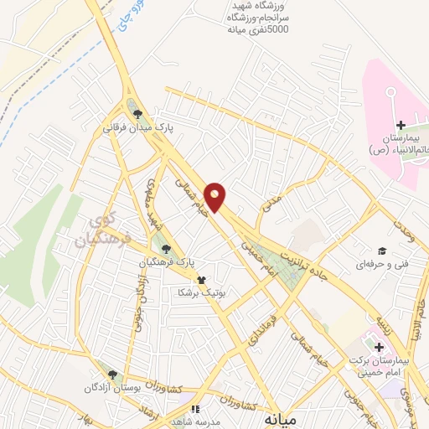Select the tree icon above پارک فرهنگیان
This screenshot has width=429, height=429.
click(x=167, y=248)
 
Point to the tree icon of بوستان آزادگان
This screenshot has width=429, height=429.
click(x=111, y=375)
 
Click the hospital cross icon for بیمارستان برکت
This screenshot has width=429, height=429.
click(x=379, y=346)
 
